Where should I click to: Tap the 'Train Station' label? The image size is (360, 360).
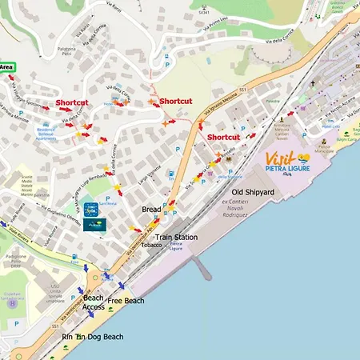click(x=176, y=238)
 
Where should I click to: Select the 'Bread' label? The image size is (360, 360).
click(x=151, y=210)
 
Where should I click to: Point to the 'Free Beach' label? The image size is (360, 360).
click(x=126, y=301)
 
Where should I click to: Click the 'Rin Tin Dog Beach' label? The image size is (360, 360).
click(x=93, y=337)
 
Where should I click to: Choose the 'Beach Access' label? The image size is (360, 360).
click(x=94, y=302)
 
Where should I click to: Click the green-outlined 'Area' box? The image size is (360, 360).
click(x=6, y=66)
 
